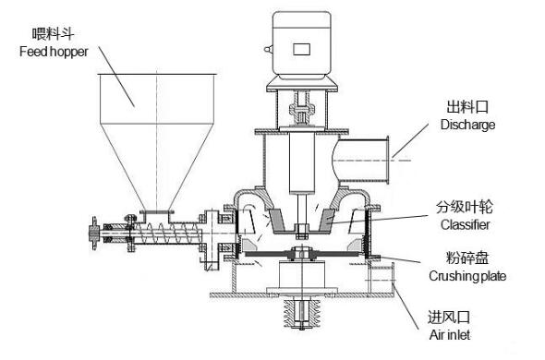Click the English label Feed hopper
(54, 52)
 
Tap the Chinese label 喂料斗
(53, 34)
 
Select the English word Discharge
(467, 125)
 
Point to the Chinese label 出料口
(467, 107)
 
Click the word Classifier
(465, 224)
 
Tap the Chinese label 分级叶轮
(465, 207)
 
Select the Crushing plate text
(467, 276)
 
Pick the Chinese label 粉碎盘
(467, 258)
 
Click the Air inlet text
(450, 335)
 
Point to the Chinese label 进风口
(449, 318)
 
